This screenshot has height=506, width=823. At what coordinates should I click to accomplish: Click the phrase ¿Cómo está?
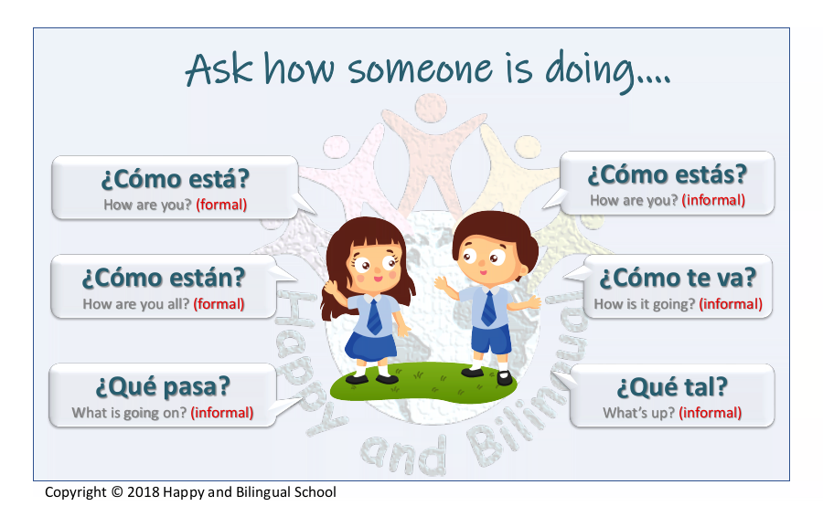[175, 179]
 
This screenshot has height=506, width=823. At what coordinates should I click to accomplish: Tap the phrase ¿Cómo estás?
[668, 174]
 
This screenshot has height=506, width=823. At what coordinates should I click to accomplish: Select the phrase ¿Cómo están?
[164, 278]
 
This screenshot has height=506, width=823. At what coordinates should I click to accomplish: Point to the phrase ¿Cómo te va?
[678, 278]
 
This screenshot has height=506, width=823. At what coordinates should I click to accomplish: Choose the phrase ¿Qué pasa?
[163, 387]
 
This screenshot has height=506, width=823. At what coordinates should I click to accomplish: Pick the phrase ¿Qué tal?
[672, 387]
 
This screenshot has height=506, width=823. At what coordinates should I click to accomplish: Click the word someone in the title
[420, 69]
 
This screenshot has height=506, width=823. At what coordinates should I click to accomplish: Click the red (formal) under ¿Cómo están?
[219, 304]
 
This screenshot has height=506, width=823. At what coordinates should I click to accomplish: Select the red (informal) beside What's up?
[711, 413]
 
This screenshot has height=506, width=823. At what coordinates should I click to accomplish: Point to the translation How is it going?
[644, 304]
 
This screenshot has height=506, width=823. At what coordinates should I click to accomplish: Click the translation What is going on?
[129, 413]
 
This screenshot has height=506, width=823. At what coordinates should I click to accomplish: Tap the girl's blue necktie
[375, 316]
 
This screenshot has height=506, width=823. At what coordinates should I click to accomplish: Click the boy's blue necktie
[488, 309]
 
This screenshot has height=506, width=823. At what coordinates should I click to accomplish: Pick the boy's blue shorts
[491, 339]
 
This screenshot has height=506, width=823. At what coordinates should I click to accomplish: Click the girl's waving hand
[332, 288]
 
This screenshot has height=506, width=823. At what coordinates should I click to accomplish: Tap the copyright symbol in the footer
[117, 492]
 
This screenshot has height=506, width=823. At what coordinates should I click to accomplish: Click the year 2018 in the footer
[144, 492]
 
